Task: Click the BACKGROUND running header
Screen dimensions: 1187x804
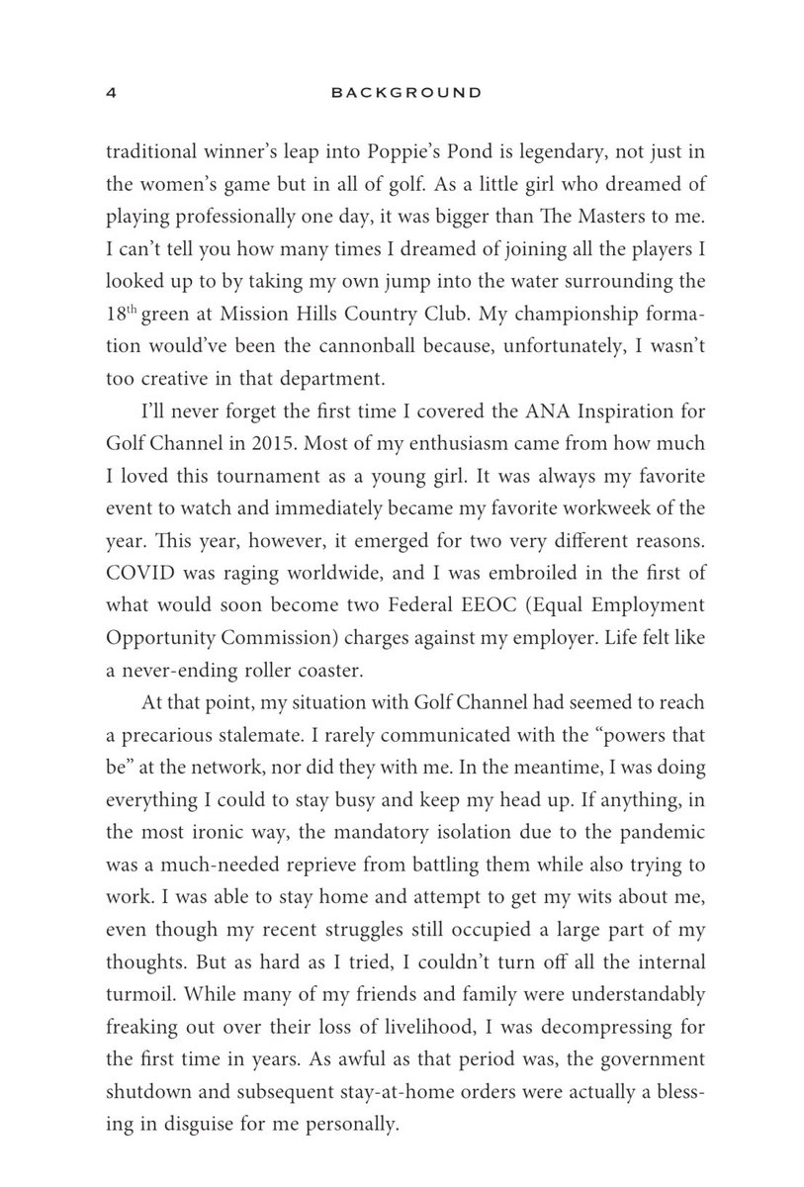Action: (406, 94)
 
